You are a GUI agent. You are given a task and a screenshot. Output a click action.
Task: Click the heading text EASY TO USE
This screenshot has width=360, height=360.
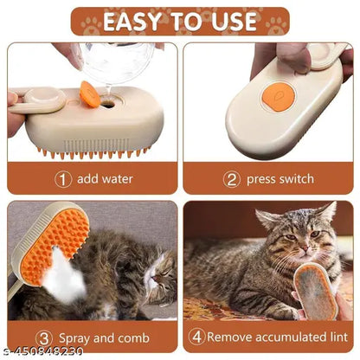point(179,20)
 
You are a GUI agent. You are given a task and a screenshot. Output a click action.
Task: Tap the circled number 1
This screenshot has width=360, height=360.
point(62,179)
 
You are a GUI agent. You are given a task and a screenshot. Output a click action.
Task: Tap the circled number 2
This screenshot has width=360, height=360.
point(231,179)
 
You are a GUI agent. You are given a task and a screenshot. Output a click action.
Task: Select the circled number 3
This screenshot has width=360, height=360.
point(44,337)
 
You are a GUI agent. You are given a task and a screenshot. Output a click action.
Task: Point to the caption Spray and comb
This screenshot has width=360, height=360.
point(103,337)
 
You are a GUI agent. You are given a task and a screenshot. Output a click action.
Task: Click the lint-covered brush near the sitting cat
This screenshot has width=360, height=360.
point(315,292)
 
